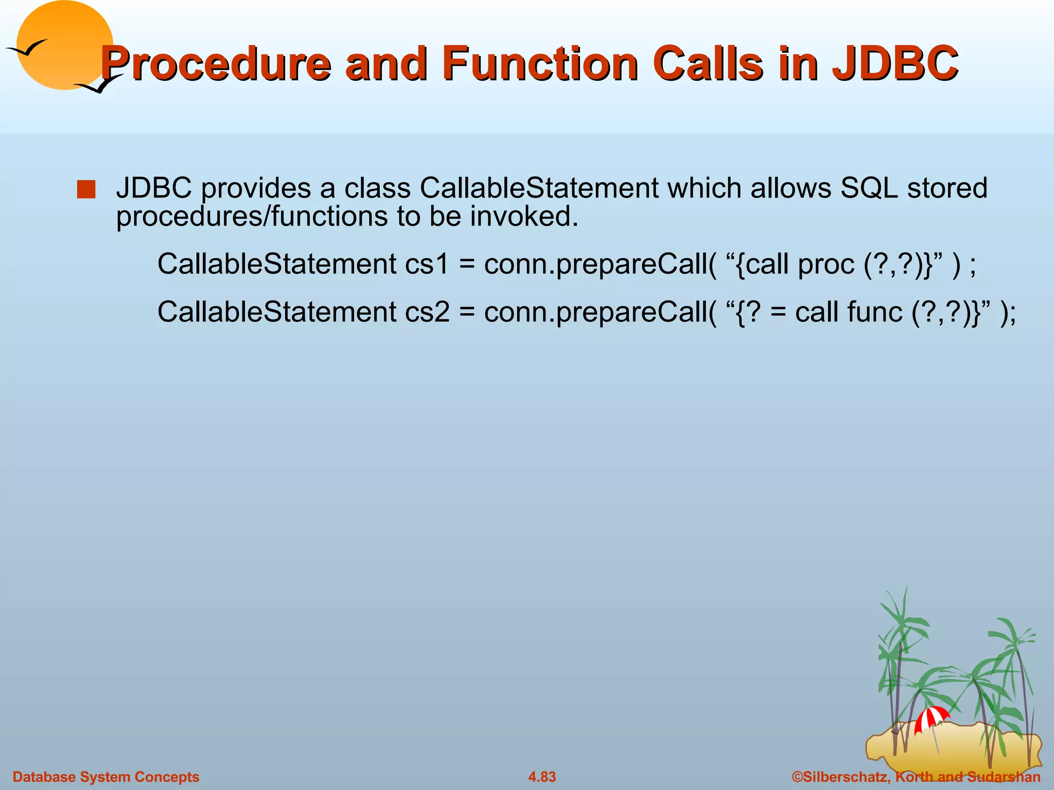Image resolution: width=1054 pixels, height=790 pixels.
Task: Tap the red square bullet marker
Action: click(x=86, y=189)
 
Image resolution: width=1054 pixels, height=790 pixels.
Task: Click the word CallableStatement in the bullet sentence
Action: click(x=539, y=188)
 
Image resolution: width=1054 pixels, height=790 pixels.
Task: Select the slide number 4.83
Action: click(x=542, y=777)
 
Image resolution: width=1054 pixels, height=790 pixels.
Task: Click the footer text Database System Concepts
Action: click(x=106, y=777)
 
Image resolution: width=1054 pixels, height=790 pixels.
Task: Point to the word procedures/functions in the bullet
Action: click(x=252, y=217)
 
